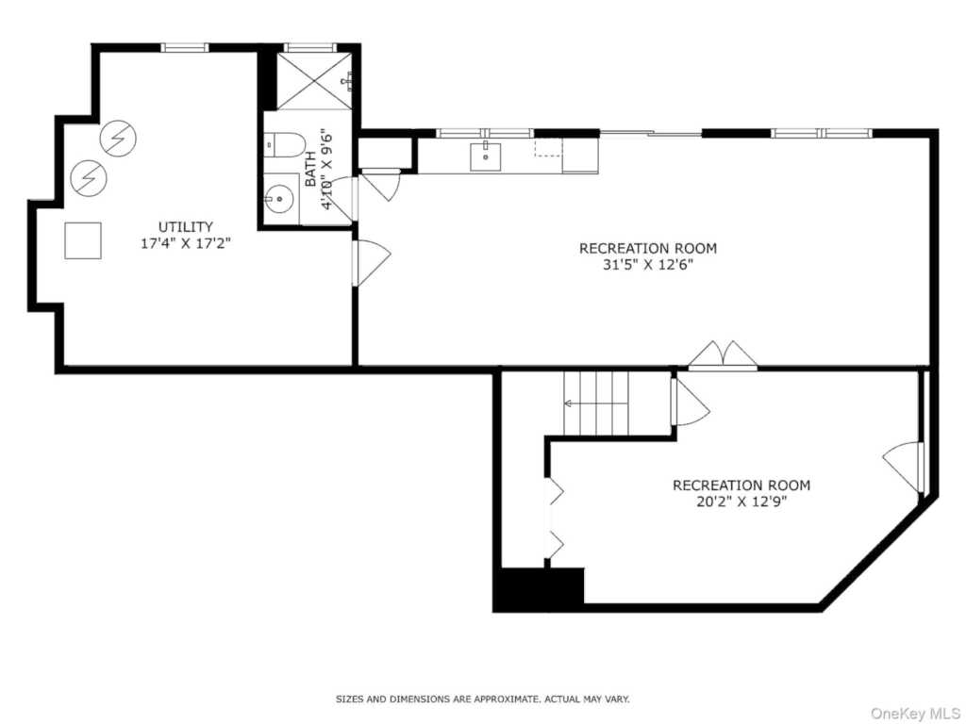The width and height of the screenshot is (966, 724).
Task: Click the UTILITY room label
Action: pyautogui.click(x=186, y=226)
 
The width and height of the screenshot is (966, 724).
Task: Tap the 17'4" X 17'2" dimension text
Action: pyautogui.click(x=186, y=243)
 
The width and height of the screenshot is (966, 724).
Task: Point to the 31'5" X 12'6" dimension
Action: pyautogui.click(x=647, y=265)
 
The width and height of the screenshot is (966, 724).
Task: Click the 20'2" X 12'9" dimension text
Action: pyautogui.click(x=741, y=502)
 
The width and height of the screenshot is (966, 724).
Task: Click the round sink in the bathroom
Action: pyautogui.click(x=279, y=199)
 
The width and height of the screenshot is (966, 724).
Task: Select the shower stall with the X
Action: pyautogui.click(x=314, y=81)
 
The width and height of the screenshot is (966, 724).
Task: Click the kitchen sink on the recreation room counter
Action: pyautogui.click(x=486, y=156)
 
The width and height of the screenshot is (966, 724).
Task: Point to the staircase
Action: pyautogui.click(x=596, y=403)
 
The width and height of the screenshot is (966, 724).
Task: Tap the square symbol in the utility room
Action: pyautogui.click(x=83, y=240)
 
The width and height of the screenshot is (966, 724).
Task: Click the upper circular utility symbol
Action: pyautogui.click(x=117, y=139)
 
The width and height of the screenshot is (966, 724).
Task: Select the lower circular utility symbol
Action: pyautogui.click(x=89, y=178)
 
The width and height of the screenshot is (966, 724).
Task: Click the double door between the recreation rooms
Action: pyautogui.click(x=723, y=355)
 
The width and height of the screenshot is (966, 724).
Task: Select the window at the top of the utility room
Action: pyautogui.click(x=185, y=47)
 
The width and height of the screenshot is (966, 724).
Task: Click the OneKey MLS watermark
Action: pyautogui.click(x=915, y=714)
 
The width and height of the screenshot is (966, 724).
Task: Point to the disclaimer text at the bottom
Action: pyautogui.click(x=482, y=699)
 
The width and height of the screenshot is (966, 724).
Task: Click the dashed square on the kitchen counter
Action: pyautogui.click(x=548, y=148)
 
